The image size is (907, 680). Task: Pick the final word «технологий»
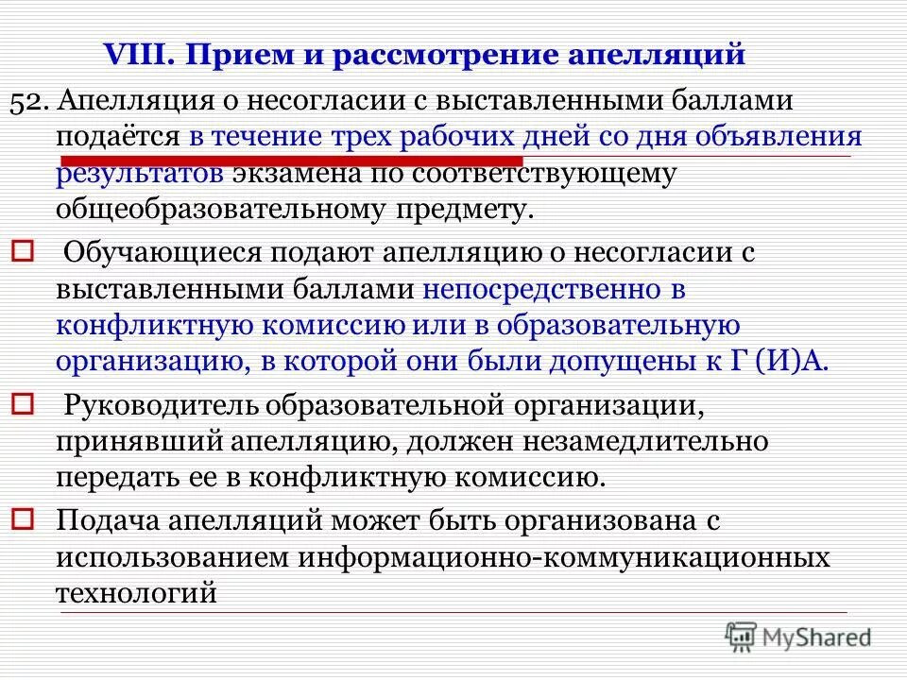(137, 593)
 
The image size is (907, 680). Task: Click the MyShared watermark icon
(743, 635)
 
